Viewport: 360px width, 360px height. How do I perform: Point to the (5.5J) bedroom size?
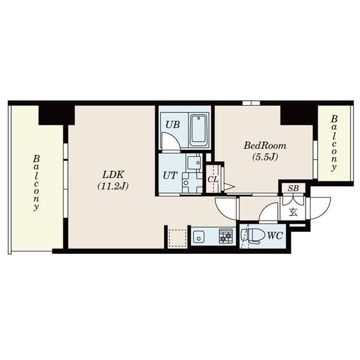(262, 156)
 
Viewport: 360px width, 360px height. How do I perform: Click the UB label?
(173, 125)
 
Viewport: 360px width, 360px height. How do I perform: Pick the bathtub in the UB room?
(199, 130)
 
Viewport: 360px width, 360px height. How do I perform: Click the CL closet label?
(213, 179)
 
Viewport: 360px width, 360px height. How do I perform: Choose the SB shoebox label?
(292, 188)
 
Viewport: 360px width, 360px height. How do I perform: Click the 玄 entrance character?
(293, 212)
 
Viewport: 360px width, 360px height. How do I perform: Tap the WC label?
(275, 236)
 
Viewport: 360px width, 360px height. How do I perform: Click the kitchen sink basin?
(199, 237)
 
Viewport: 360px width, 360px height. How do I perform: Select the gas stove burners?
(226, 236)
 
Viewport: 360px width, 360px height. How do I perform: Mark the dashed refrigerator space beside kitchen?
(178, 237)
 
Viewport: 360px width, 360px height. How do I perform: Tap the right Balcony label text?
(334, 143)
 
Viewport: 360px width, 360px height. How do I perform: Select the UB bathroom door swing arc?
(170, 142)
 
